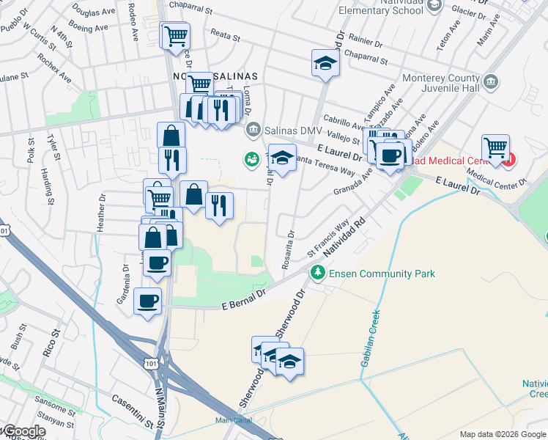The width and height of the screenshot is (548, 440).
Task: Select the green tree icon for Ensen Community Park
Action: (x=317, y=274)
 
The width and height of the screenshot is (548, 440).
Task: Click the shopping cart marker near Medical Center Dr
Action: (x=496, y=147)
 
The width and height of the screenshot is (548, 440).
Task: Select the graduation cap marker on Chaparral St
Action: (x=325, y=64)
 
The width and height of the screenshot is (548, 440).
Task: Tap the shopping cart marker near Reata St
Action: (x=174, y=35)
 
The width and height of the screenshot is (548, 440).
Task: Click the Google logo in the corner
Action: (x=23, y=432)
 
